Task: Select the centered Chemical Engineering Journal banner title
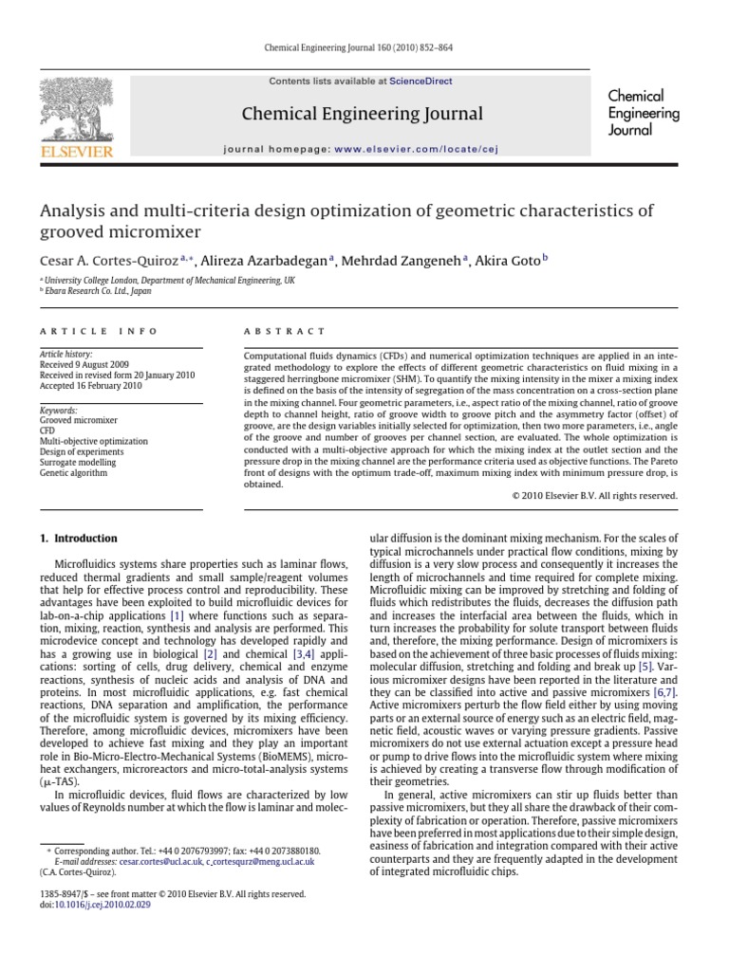click(x=363, y=114)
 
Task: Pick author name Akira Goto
click(x=507, y=261)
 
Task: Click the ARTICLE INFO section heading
click(x=79, y=332)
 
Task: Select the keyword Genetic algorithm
click(x=73, y=472)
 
